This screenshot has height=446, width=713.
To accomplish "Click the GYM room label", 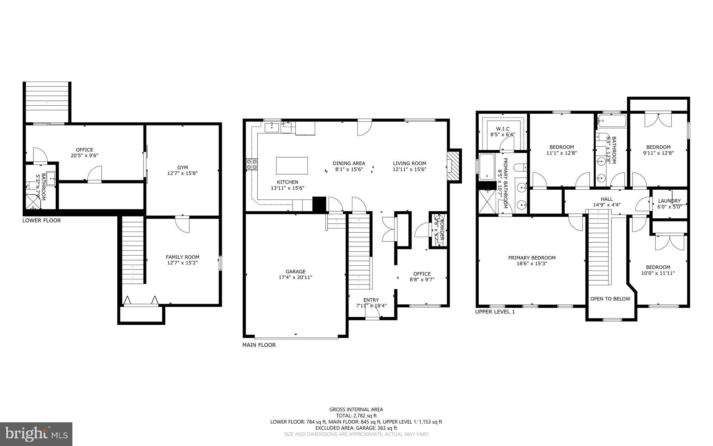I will click(x=182, y=168).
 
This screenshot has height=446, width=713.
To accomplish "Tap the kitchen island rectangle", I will click(x=292, y=166).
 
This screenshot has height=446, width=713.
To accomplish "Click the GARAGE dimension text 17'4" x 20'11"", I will click(x=296, y=278).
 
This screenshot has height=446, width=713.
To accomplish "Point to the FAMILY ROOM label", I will click(x=182, y=257).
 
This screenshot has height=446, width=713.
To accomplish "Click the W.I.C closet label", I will click(x=502, y=129).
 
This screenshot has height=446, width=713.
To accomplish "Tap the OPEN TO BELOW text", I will click(x=610, y=298).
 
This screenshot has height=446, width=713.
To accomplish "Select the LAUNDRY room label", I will click(x=669, y=201).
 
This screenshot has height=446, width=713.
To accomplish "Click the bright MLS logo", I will click(x=36, y=434).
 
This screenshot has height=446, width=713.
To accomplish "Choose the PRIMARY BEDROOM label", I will click(x=532, y=258).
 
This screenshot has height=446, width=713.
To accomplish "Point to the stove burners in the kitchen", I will click(x=252, y=164).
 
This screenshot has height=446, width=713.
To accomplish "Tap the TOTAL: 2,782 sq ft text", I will click(x=356, y=415).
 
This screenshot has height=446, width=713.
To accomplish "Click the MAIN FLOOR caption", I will click(x=259, y=345).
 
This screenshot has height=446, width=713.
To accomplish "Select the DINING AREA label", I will click(x=349, y=163).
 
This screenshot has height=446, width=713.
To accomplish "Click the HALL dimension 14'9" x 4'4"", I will click(x=606, y=205).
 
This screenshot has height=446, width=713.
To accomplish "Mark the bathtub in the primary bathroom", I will click(x=486, y=167).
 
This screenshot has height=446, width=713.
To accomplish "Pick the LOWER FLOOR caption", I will click(x=41, y=220).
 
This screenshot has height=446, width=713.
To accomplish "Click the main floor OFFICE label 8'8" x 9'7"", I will click(x=422, y=274).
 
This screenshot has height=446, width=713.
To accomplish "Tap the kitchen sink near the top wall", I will click(x=272, y=127).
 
